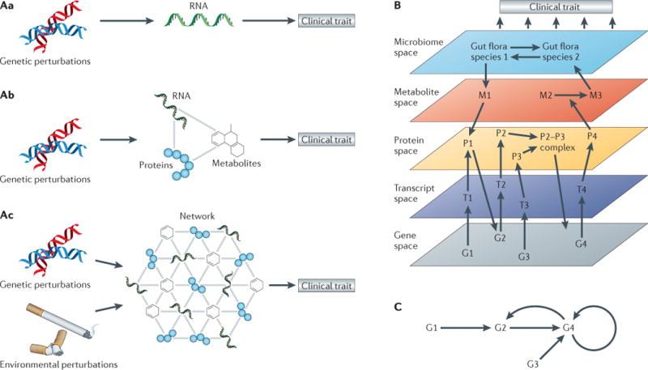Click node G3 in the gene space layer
pos(525,257)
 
